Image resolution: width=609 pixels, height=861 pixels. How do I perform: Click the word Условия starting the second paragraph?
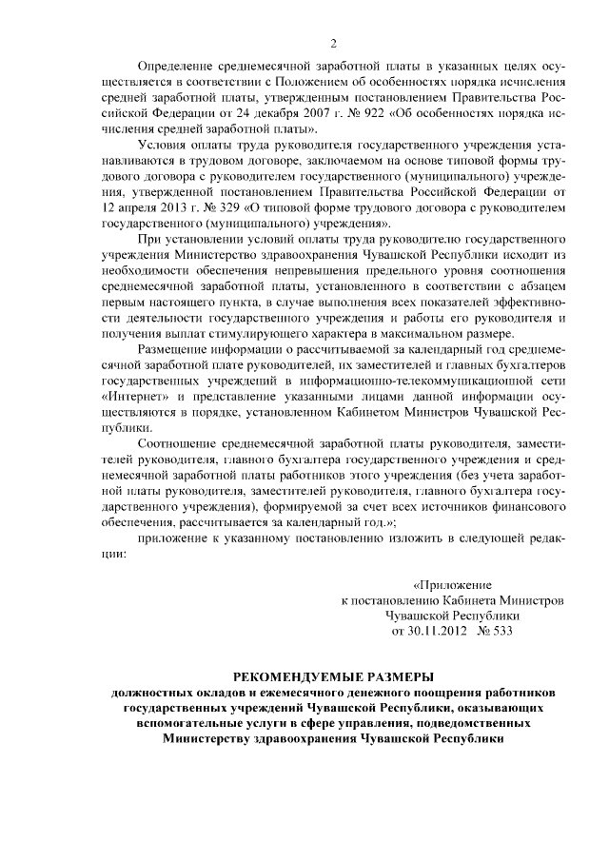(x=165, y=144)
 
